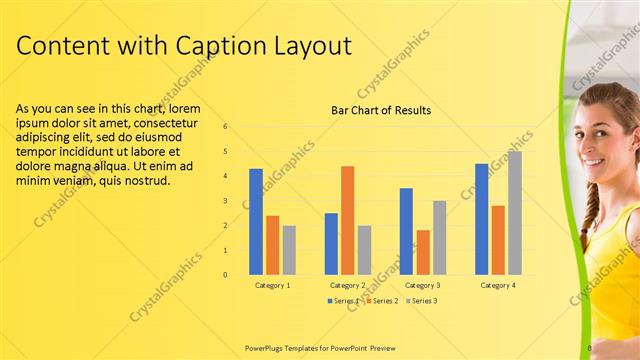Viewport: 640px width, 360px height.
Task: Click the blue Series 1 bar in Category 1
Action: (256, 221)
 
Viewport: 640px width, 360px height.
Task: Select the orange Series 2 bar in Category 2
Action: (347, 220)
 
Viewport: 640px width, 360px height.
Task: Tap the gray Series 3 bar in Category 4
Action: (514, 212)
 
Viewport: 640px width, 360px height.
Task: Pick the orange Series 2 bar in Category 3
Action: (423, 252)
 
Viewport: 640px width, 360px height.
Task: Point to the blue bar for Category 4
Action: (482, 218)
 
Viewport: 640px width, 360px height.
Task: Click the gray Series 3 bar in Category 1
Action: (289, 250)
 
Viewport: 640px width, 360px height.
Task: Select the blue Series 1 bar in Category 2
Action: (331, 243)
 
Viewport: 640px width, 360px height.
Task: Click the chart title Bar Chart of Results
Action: (381, 110)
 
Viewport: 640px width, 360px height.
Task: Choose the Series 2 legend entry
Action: (382, 300)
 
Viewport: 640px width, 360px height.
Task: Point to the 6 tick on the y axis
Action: (226, 127)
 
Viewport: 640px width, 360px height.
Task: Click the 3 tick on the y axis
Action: (226, 201)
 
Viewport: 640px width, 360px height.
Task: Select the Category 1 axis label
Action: (272, 285)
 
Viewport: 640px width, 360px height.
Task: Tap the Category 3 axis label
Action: (422, 285)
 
